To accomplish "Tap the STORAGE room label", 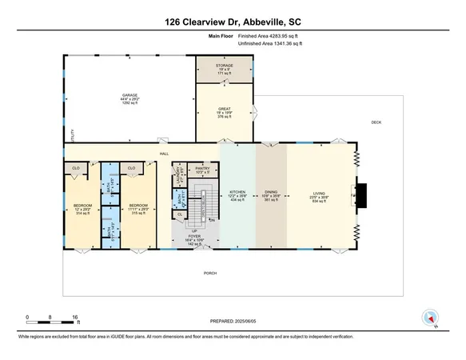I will click(x=225, y=66).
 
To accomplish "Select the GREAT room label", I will click(x=225, y=110).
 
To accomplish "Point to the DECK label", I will click(x=376, y=122).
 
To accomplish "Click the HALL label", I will click(x=164, y=153).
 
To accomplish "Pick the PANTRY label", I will click(x=203, y=169).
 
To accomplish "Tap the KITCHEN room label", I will click(x=237, y=192).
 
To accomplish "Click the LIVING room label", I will click(x=320, y=192).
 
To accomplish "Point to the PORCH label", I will click(x=209, y=273).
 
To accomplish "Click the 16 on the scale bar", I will click(x=77, y=318).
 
